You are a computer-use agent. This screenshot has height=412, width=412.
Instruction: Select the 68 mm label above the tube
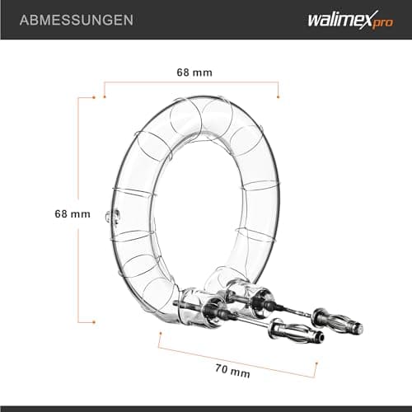point(194,73)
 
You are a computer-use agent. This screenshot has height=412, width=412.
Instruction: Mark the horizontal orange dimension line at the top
point(191,83)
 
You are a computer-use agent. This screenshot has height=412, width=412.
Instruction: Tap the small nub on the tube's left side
point(110,217)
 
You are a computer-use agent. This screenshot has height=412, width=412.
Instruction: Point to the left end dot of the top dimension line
point(105,83)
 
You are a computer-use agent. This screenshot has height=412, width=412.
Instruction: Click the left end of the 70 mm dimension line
point(159,335)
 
